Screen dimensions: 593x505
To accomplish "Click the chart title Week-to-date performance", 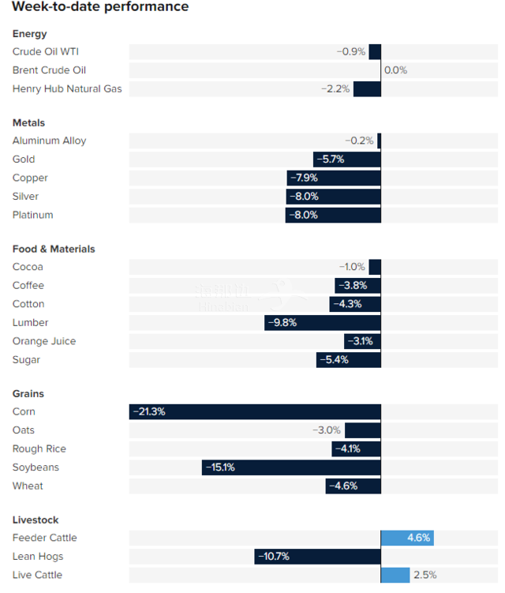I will pos(100,7).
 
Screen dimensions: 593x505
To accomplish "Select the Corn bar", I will pos(255,411).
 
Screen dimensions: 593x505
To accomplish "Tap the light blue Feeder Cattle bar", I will pos(407,538).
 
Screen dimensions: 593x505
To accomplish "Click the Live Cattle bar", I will pos(395,575).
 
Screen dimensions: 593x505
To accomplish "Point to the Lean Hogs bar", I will pos(317,557).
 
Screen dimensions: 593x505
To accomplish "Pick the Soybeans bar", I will pos(291,467).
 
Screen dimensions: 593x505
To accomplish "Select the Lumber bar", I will pos(323,322).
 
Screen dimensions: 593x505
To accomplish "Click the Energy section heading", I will pos(30,34).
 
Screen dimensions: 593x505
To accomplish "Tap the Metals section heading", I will pos(29,123).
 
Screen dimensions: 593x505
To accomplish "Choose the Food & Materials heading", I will pos(54,249).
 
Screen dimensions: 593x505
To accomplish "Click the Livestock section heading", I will pos(36,520).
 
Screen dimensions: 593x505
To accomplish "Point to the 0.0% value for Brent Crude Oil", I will pos(395,70).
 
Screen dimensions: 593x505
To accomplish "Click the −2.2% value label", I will pos(335,88).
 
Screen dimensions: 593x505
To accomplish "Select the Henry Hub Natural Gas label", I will pos(67,88).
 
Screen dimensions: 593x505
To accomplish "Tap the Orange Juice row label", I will pos(44,341).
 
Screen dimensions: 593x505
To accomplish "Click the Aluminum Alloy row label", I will pos(49,141).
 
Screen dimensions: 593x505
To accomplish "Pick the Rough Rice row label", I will pos(39,449).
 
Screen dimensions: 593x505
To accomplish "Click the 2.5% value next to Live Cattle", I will pos(425,575).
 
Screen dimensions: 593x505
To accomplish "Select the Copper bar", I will pos(334,178).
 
